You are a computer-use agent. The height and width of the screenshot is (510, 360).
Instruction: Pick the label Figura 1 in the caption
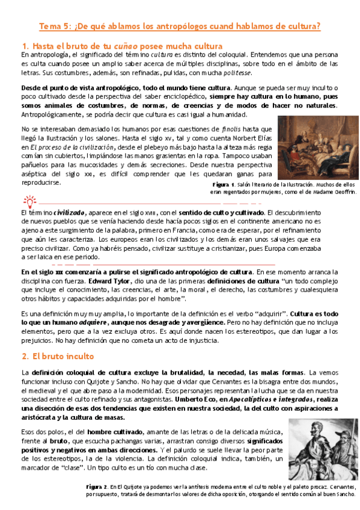(x=223, y=184)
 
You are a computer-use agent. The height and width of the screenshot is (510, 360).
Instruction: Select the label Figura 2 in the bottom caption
(x=96, y=485)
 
